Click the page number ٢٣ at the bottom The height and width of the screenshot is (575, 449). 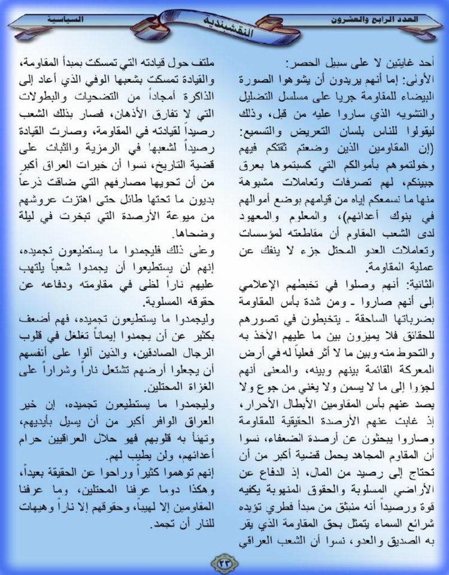tap(224, 561)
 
